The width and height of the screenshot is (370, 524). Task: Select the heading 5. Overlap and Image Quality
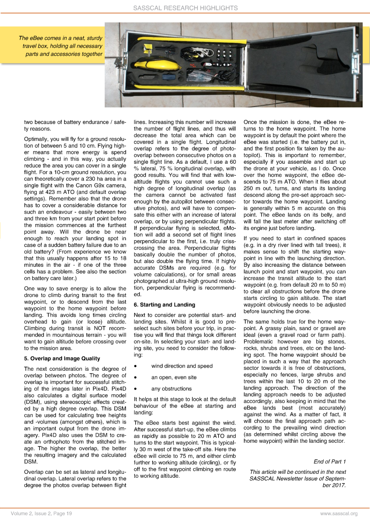(62, 359)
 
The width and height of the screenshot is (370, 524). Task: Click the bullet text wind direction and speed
(182, 366)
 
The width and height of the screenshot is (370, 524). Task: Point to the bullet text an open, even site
(174, 377)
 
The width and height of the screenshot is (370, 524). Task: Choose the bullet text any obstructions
(171, 389)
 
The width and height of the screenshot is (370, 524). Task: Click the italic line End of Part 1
(329, 462)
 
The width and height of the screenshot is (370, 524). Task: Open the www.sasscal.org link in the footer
(339, 514)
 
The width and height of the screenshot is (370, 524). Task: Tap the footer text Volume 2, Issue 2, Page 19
(41, 514)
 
